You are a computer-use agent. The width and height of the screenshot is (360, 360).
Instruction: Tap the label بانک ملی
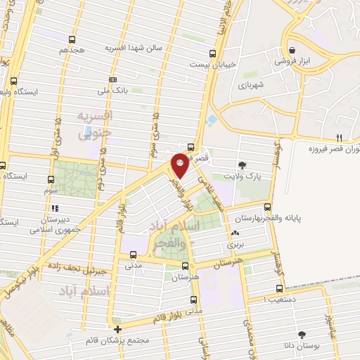point(113,90)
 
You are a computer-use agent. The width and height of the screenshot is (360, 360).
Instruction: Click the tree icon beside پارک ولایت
point(243,163)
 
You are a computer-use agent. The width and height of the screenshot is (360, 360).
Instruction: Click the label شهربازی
point(250,84)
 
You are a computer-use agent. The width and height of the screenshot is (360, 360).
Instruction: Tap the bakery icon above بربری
point(234,234)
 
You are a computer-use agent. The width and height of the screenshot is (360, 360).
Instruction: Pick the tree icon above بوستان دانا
point(302,335)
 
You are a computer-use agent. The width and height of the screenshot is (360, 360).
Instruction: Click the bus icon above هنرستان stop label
point(184,266)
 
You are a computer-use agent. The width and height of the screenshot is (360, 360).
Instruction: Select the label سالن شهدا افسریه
point(134,48)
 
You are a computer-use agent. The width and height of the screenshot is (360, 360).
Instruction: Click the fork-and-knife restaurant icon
point(339,137)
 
